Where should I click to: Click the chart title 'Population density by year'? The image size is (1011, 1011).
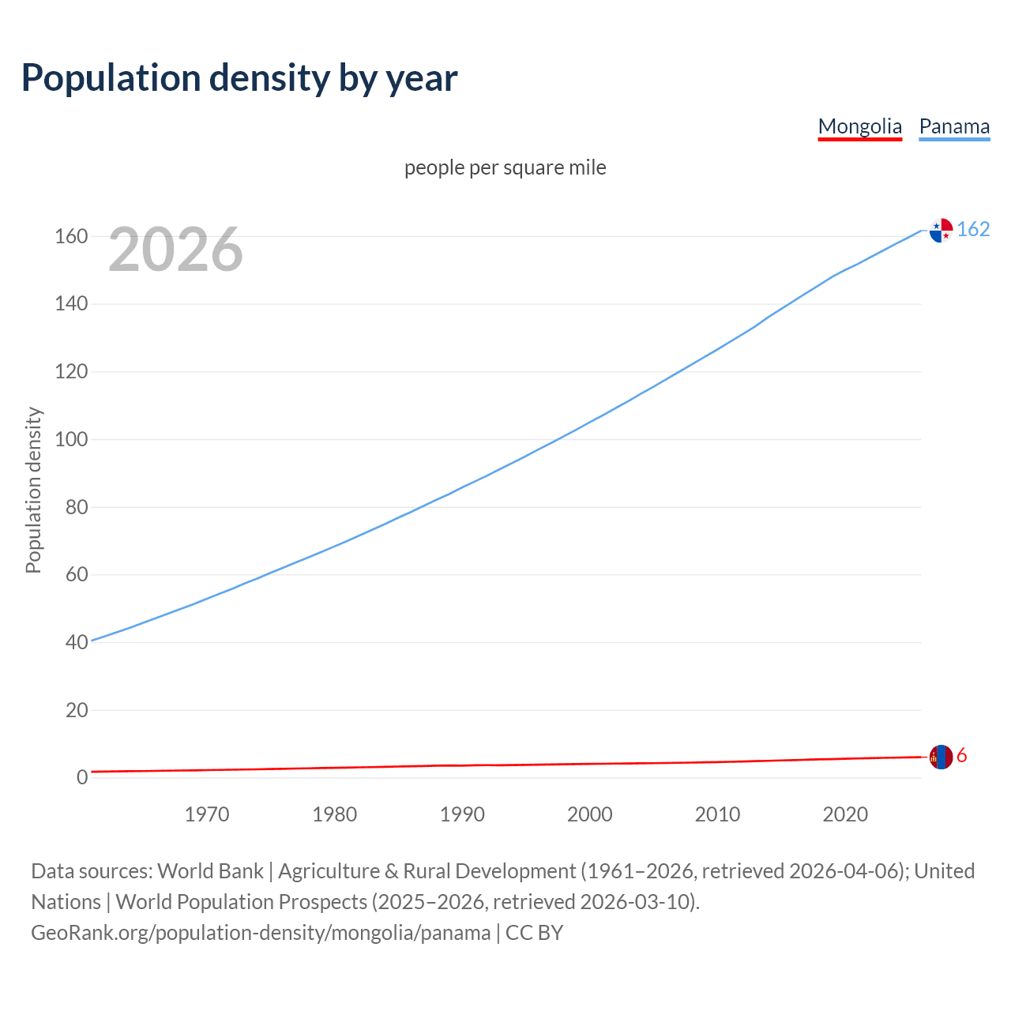coord(239,78)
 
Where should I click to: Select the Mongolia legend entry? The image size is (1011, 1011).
coord(859,126)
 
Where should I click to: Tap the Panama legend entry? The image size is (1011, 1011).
coord(954,126)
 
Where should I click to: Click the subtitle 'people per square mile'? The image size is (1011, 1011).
coord(505,167)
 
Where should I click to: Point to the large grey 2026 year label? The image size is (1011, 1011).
coord(175,250)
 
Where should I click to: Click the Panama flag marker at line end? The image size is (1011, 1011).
coord(941,230)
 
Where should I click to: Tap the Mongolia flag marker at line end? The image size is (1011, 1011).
coord(941,757)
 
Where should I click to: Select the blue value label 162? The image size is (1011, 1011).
coord(973,229)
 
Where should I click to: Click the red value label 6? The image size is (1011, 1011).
coord(961,756)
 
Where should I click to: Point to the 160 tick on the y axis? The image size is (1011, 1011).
coord(71,236)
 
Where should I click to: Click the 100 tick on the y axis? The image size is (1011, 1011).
coord(71,439)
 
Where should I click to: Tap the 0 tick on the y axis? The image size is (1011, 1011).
coord(82,777)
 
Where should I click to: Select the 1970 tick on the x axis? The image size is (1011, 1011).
coord(207,814)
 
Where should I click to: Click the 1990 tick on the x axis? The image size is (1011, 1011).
coord(462,814)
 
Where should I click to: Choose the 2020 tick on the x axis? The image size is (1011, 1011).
coord(845,814)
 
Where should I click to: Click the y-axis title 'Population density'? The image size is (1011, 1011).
coord(33,490)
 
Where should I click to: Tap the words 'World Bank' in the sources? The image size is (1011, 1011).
coord(210,870)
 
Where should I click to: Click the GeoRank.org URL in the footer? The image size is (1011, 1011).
coord(261,933)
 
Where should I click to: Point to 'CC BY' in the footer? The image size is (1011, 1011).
coord(535,933)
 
